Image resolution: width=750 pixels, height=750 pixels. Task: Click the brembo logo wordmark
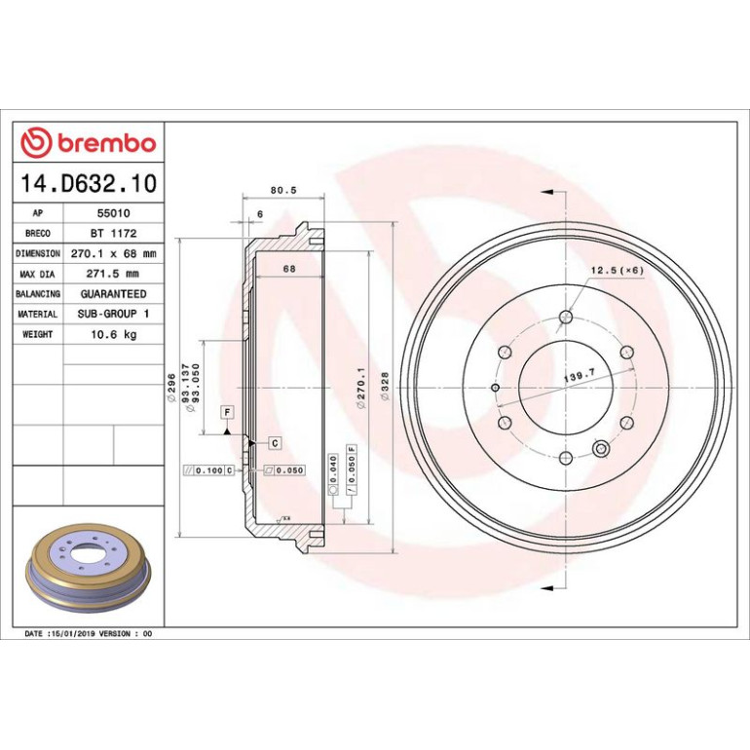(x=107, y=143)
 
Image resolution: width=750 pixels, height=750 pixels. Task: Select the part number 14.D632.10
(x=89, y=183)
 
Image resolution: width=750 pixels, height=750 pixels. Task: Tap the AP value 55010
(x=113, y=213)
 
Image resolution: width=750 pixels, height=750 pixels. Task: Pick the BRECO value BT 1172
(x=113, y=234)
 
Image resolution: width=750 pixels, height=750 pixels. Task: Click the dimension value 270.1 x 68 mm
(x=113, y=253)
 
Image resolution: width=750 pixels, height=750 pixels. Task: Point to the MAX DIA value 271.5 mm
(x=112, y=274)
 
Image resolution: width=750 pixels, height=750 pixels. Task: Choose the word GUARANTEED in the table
(x=113, y=294)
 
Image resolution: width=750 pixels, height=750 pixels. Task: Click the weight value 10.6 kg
(x=113, y=334)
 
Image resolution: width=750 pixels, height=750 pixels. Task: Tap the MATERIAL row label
(x=37, y=315)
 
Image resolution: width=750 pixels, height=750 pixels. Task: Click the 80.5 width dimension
(x=283, y=190)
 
